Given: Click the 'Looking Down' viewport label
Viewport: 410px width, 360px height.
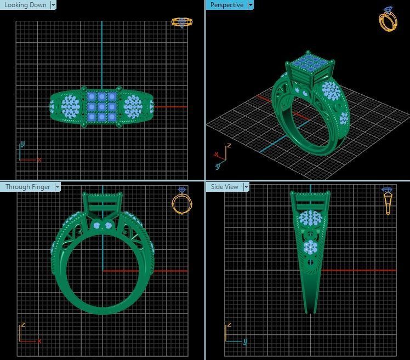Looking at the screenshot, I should pos(25,5).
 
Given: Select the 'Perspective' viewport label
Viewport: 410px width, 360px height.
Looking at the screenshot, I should pos(227,5).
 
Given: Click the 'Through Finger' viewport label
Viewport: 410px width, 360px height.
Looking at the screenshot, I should pos(27,187).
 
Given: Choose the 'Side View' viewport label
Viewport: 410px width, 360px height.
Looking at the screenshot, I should pos(225,187).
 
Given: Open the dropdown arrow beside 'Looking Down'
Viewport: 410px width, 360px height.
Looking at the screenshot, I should pos(53,5).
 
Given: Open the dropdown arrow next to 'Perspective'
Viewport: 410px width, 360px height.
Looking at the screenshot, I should pos(250,5).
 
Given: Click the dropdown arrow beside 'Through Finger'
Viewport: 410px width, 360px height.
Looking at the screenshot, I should pos(58,187).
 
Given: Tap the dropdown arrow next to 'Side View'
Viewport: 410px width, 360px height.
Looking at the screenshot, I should pos(246,187).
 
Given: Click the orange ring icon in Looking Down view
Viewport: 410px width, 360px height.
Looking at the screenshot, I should pos(181,22).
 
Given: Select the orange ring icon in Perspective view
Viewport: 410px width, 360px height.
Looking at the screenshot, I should pos(388,19).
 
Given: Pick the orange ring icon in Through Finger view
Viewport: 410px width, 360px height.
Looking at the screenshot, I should pos(181,201).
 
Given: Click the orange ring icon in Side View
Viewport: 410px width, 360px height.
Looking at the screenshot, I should pos(388,201).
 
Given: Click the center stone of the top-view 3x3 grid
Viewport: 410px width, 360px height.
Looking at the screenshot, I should pos(101,107).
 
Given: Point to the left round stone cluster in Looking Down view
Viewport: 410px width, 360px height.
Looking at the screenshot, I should pos(71,105).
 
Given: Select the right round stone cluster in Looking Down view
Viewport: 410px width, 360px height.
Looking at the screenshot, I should pos(133,105).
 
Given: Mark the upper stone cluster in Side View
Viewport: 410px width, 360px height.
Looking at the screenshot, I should pos(310,220).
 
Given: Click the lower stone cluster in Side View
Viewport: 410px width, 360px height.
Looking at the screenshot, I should pos(311,248).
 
